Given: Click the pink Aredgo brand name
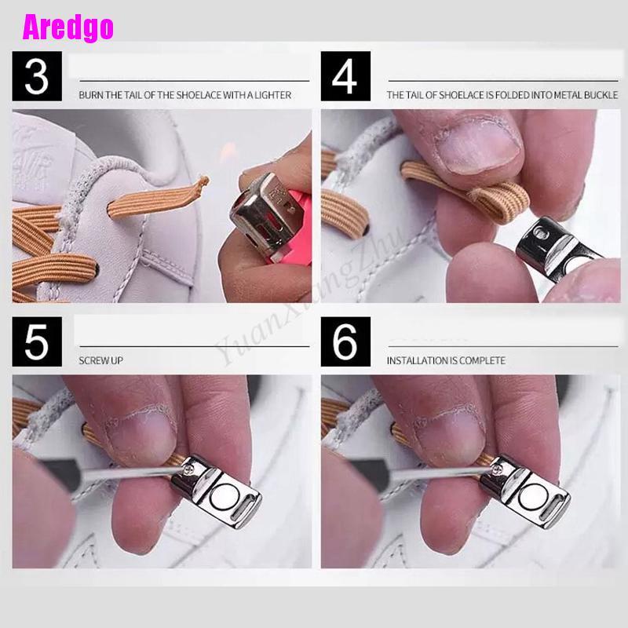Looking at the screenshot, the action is point(68,27).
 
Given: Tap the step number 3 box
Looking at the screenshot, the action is point(37,76).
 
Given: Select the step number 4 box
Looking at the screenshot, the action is point(345,76).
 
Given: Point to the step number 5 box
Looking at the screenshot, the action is point(37,341).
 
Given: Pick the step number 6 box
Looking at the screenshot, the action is point(345,341).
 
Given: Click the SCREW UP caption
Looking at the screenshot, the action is point(101,360).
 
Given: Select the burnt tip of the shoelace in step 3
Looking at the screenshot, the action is point(204,181).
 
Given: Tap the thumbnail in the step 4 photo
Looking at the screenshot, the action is point(478,145).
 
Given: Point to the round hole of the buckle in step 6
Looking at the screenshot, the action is point(531,497).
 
